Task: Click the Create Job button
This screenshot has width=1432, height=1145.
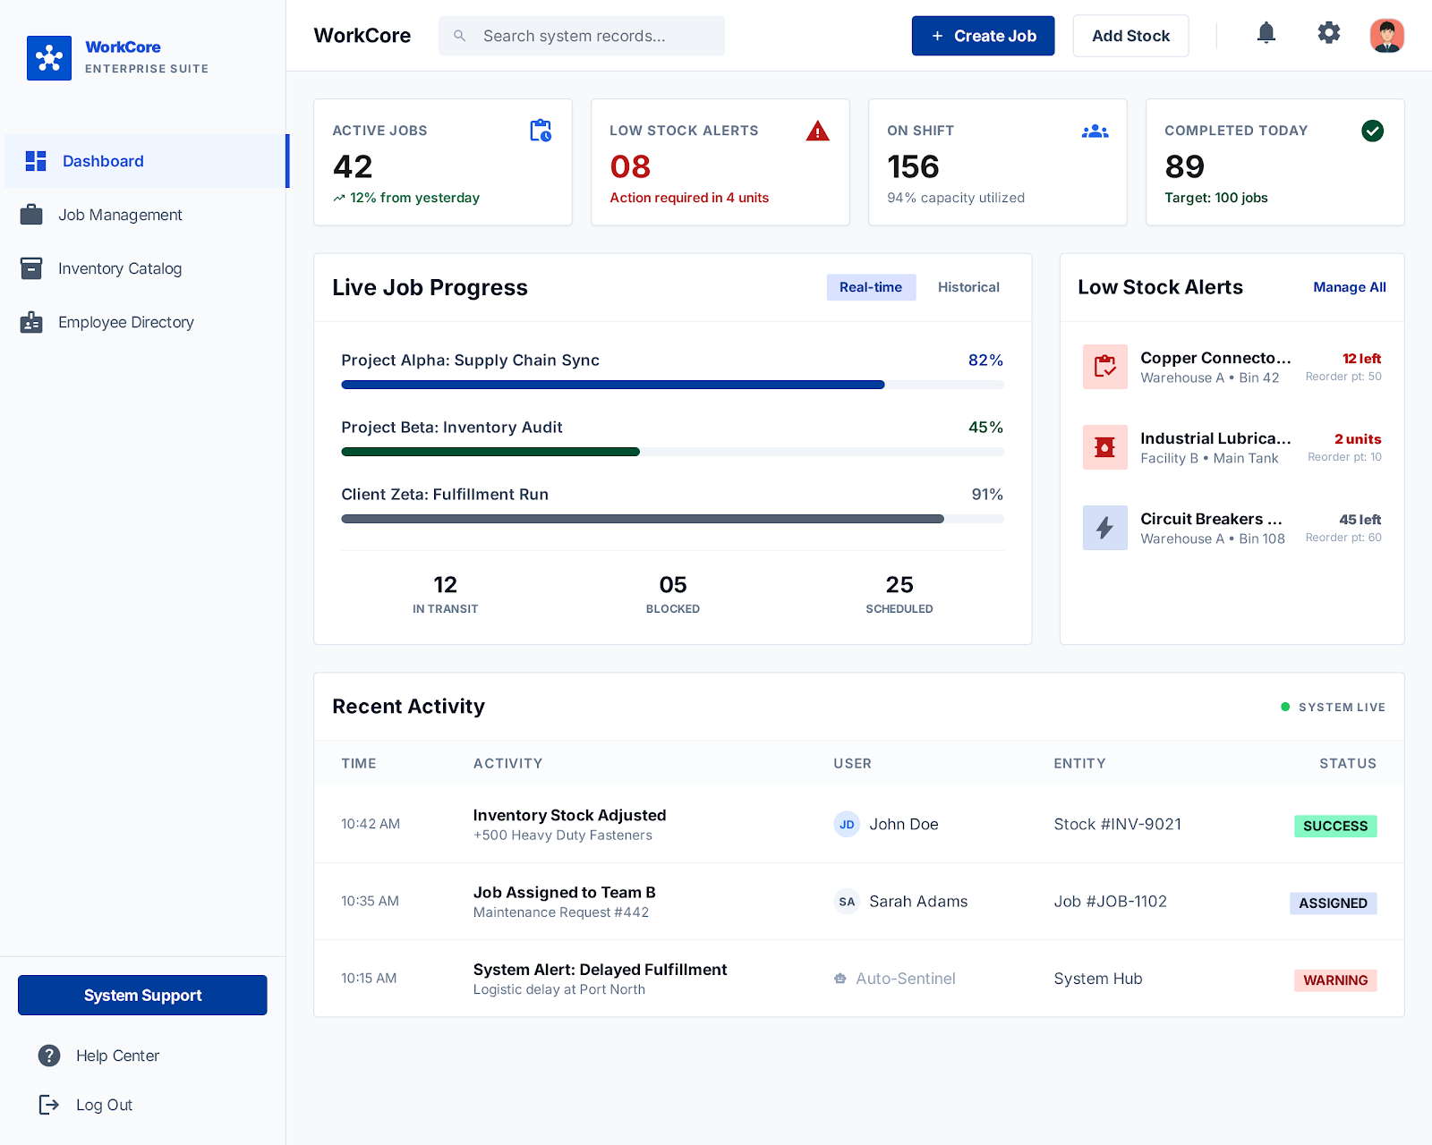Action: (983, 36)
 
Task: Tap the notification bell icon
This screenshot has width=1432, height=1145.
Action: (1266, 34)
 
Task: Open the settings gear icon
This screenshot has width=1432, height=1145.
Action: (1328, 34)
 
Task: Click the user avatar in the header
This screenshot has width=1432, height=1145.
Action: (1386, 36)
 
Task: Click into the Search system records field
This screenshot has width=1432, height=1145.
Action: (582, 36)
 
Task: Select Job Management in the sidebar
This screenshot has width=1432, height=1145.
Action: (120, 215)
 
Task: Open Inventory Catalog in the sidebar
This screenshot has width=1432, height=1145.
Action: (120, 268)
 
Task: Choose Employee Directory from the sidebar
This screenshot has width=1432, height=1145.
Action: (125, 322)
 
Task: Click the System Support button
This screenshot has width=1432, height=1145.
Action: (142, 995)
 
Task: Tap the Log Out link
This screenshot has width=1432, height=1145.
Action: (104, 1105)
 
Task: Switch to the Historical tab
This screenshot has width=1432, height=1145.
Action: (968, 287)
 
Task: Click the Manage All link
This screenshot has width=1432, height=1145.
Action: (1349, 287)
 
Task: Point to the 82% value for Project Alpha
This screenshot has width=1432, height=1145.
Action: (984, 360)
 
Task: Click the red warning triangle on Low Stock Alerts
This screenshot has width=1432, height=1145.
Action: (817, 131)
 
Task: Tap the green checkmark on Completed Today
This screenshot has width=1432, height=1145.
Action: (1372, 131)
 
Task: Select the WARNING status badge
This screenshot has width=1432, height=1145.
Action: (1334, 980)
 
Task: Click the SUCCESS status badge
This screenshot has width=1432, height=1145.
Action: (1334, 826)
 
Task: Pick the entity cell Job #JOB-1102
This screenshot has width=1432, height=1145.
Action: (1110, 902)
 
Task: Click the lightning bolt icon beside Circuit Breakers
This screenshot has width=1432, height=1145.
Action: (1104, 528)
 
